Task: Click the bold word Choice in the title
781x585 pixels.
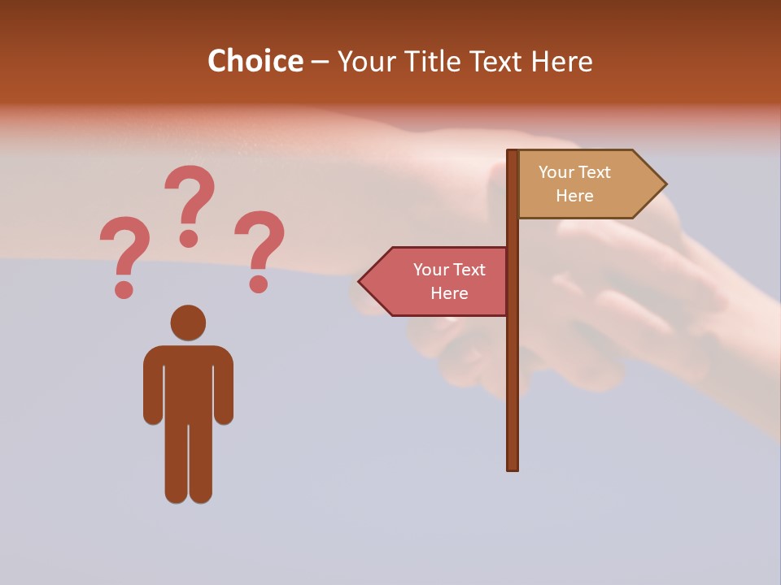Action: click(255, 61)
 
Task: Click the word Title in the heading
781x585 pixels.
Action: click(441, 61)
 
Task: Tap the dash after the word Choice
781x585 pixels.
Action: click(320, 63)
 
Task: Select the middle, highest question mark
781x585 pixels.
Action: click(190, 203)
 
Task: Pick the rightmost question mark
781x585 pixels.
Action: click(260, 248)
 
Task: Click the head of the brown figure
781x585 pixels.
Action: click(188, 323)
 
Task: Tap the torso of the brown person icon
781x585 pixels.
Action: click(188, 382)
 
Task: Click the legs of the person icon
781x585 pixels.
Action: click(188, 463)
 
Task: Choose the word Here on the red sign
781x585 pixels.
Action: click(449, 293)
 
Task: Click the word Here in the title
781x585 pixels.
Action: click(561, 61)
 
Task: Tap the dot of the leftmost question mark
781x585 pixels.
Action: click(124, 288)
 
